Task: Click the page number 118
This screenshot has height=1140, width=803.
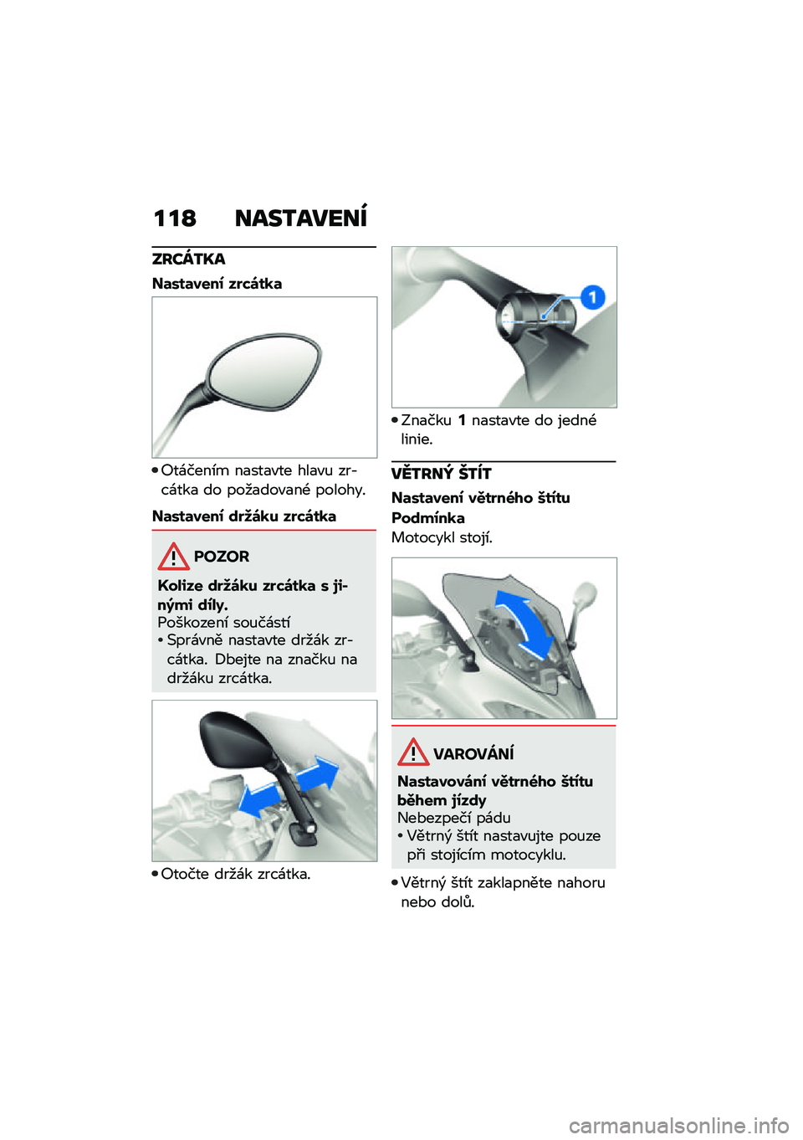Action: (175, 218)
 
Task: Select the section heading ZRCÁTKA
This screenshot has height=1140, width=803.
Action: (189, 259)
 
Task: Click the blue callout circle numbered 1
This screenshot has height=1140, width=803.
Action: (592, 297)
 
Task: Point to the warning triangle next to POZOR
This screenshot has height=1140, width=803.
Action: (173, 557)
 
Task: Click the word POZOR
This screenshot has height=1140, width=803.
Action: (222, 557)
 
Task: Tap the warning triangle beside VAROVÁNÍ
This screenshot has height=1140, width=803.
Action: (413, 752)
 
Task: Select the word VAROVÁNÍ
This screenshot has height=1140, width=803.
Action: (473, 752)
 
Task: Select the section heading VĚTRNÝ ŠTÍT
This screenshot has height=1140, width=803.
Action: (442, 474)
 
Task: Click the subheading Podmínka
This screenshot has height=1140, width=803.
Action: (427, 518)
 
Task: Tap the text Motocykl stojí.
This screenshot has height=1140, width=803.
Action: (442, 538)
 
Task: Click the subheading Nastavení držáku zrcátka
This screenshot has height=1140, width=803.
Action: (244, 516)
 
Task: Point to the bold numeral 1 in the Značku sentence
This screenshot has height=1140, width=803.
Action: (461, 420)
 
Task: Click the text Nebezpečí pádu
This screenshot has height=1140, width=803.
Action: (454, 818)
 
